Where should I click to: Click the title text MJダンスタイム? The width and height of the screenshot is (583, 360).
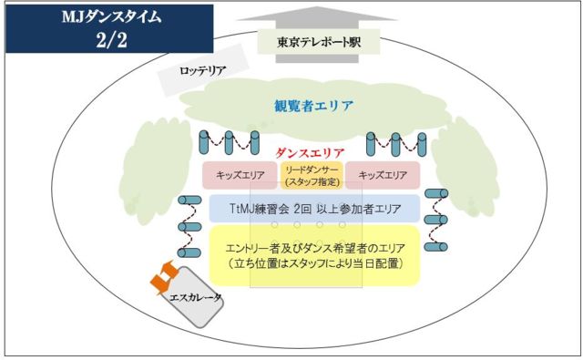[111, 17]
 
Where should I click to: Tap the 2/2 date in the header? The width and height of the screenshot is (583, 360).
[111, 39]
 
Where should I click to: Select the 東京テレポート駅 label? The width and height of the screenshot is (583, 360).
[319, 42]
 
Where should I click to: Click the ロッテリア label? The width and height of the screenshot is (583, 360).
[202, 70]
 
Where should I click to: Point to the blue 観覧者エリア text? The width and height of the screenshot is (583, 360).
[313, 106]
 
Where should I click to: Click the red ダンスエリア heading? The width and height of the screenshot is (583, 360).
[310, 152]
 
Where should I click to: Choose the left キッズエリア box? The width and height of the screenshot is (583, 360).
[240, 175]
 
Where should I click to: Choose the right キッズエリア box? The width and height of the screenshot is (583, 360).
[383, 175]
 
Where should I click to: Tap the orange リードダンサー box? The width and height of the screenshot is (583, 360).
[312, 175]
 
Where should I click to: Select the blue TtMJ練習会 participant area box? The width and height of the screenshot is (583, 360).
[314, 209]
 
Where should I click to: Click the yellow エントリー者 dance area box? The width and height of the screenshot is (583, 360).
[314, 255]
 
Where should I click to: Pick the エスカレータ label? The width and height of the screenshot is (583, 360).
[195, 297]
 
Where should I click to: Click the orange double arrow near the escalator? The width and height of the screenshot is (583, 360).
[164, 276]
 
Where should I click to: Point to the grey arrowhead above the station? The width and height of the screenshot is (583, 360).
[317, 14]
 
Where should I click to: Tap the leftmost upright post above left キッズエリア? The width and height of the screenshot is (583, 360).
[204, 142]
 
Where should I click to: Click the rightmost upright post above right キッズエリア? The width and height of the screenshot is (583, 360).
[422, 144]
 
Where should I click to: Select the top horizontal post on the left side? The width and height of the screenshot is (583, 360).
[189, 201]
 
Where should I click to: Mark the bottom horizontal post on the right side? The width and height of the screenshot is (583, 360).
[436, 247]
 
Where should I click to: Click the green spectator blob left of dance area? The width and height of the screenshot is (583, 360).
[157, 172]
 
